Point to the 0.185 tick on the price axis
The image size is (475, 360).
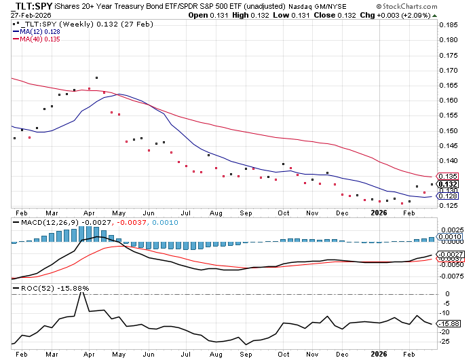pyautogui.click(x=448, y=24)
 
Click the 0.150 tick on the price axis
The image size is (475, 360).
pyautogui.click(x=448, y=132)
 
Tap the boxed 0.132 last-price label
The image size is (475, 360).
pyautogui.click(x=447, y=184)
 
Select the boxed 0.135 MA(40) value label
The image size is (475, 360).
pyautogui.click(x=447, y=177)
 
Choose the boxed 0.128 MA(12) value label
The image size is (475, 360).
pyautogui.click(x=447, y=196)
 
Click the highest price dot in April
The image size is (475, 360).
pyautogui.click(x=97, y=78)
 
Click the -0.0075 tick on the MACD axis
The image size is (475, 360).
pyautogui.click(x=451, y=276)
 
